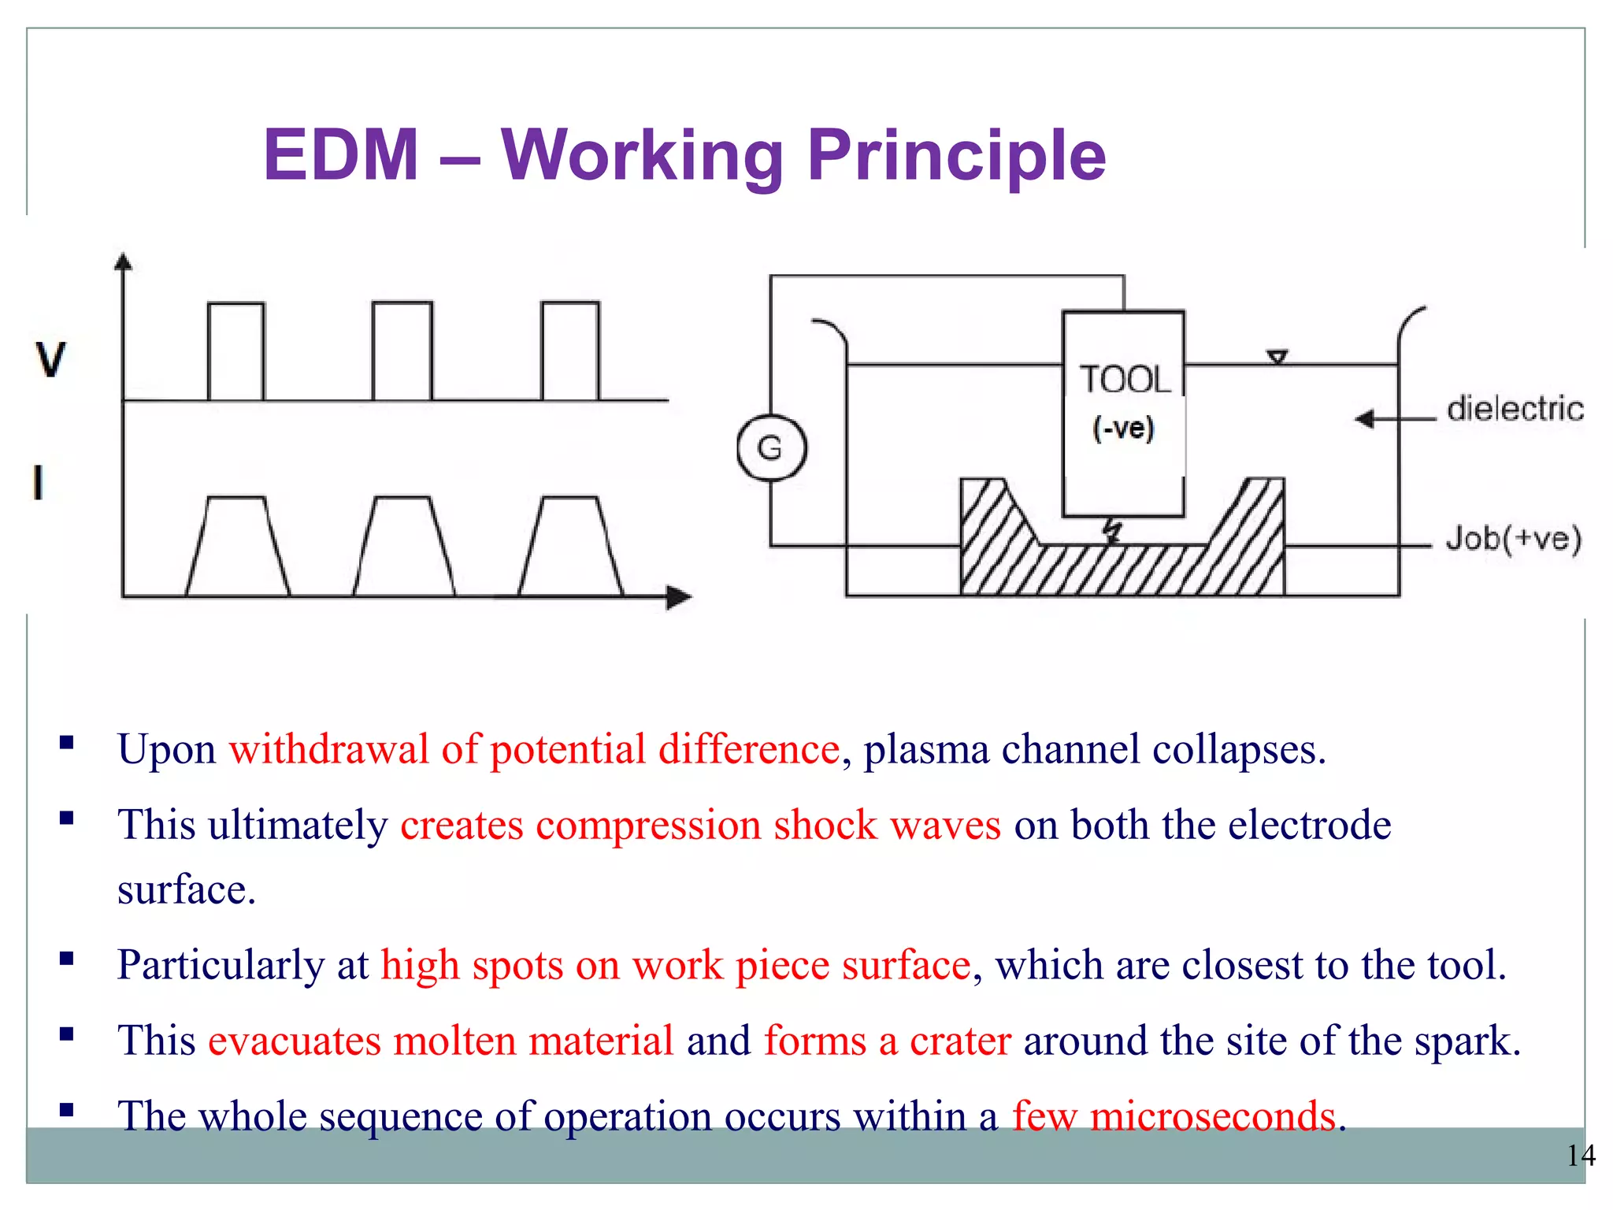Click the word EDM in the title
point(340,155)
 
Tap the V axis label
point(51,359)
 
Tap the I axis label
point(38,482)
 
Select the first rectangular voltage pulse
point(235,351)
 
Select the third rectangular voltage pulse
point(570,351)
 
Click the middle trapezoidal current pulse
point(403,546)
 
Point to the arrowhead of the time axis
point(678,597)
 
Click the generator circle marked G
point(771,448)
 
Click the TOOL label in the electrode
point(1124,380)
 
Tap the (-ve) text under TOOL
point(1123,428)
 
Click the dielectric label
point(1515,409)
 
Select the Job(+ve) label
point(1513,539)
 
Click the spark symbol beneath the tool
point(1111,531)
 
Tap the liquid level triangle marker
point(1277,358)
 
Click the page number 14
point(1580,1156)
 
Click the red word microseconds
point(1212,1116)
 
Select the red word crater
point(960,1041)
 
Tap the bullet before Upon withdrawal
point(67,742)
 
